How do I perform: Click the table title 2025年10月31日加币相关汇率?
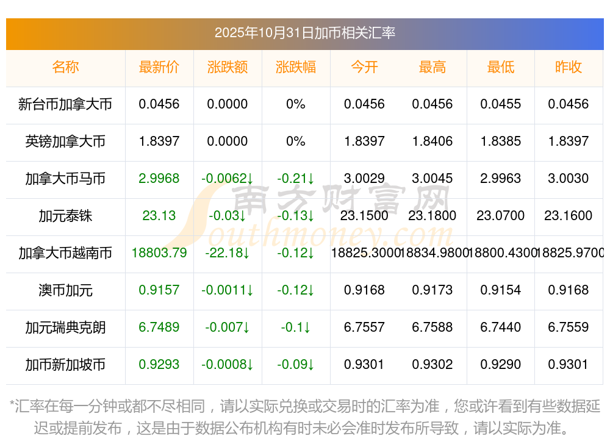pos(305,32)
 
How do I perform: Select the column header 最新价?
pos(159,67)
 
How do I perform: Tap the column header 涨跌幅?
pos(296,67)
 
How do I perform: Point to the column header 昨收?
pos(569,67)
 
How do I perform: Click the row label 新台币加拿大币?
pos(65,104)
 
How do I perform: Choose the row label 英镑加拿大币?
pos(65,141)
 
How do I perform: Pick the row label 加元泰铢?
pos(65,216)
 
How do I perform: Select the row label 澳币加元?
pos(65,290)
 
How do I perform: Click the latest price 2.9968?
pos(159,179)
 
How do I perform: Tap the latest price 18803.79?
pos(159,252)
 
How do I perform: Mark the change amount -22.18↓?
pos(228,252)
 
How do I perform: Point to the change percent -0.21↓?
pos(296,179)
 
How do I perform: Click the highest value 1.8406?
pos(432,141)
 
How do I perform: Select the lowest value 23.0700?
pos(501,216)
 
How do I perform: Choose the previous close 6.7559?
pos(569,327)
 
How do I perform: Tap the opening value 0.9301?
pos(364,365)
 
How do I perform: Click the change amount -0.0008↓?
pos(228,365)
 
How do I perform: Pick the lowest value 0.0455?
pos(501,104)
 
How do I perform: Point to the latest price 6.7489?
pos(159,327)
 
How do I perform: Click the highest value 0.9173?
pos(432,290)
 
